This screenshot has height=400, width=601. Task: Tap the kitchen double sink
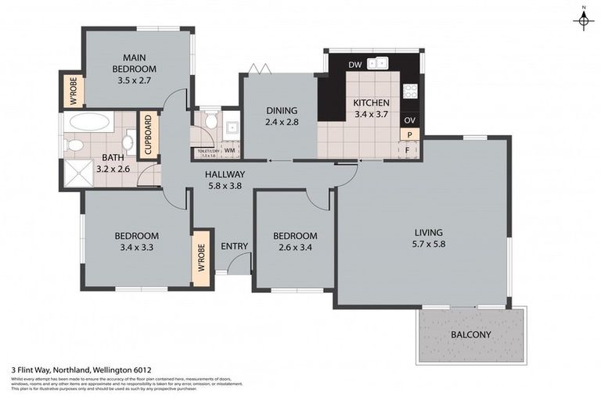[379, 64]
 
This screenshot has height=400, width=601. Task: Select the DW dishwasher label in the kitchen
[354, 65]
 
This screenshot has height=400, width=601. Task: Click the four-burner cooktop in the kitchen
[410, 91]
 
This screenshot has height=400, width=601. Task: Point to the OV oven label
[408, 120]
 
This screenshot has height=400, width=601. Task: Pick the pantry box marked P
[408, 134]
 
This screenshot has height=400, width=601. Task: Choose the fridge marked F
[408, 148]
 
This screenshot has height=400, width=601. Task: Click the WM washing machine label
[230, 150]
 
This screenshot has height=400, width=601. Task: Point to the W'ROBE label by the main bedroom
[73, 91]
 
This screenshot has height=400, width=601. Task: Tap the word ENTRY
[234, 246]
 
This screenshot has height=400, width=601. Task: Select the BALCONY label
[471, 335]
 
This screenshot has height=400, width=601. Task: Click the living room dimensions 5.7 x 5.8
[430, 246]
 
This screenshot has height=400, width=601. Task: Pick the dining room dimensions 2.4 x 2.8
[283, 123]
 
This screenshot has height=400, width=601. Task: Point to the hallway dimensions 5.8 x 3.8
[225, 187]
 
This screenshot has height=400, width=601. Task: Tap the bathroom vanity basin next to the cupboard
[129, 142]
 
